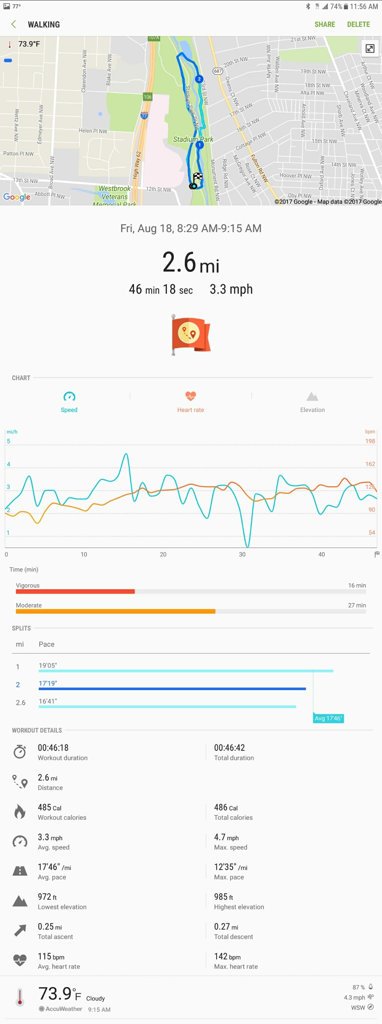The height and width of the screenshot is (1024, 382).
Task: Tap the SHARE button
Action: (325, 24)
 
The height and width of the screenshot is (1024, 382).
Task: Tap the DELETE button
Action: (358, 24)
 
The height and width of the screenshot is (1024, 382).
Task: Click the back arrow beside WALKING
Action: (14, 24)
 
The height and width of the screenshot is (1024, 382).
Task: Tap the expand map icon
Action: (370, 48)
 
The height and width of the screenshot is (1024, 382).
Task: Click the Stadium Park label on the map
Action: (193, 139)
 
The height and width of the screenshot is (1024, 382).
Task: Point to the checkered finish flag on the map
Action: (198, 177)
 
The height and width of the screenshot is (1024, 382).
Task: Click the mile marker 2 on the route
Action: (199, 79)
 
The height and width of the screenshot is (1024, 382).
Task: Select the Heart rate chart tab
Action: (191, 401)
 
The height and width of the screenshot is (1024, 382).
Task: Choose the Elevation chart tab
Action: (312, 401)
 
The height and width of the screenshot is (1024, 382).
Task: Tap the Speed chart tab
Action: (69, 401)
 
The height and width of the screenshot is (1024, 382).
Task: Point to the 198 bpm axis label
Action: (370, 441)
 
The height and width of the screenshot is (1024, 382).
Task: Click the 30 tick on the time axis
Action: (242, 554)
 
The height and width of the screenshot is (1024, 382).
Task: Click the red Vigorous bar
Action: (75, 591)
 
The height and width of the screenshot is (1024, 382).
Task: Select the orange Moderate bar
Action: (115, 611)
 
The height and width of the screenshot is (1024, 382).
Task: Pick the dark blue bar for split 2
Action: (172, 689)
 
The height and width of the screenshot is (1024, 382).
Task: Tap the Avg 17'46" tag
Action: (328, 718)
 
